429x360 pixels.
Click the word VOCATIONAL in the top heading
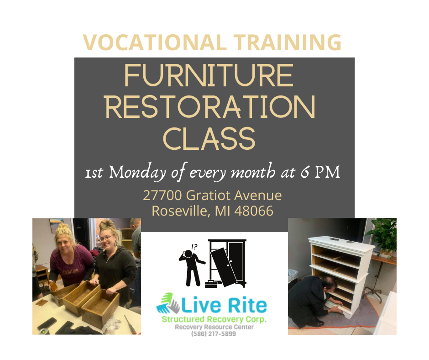[x=155, y=42]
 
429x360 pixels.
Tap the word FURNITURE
[x=209, y=75]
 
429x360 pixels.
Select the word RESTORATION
[x=210, y=107]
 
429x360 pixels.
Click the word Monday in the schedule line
[x=137, y=173]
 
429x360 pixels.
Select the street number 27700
[x=162, y=196]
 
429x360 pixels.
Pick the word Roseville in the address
[x=181, y=211]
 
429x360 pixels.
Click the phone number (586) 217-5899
[x=214, y=334]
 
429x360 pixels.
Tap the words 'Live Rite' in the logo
[x=224, y=305]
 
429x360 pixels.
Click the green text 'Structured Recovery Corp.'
[x=214, y=319]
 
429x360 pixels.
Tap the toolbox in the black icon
[x=211, y=284]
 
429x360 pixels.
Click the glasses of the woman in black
[x=107, y=238]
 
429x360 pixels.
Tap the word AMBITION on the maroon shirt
[x=71, y=271]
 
